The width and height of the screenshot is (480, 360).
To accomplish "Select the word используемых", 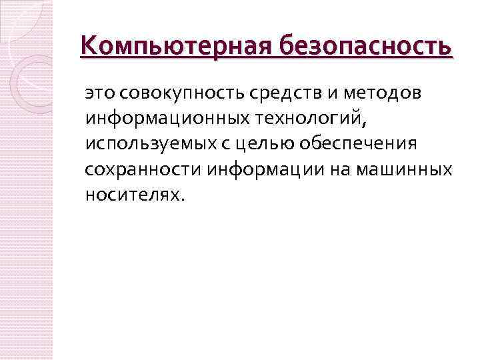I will [x=146, y=144].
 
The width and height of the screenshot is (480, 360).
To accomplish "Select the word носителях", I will [x=130, y=194].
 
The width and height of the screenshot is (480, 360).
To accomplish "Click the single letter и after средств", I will [x=317, y=94].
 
